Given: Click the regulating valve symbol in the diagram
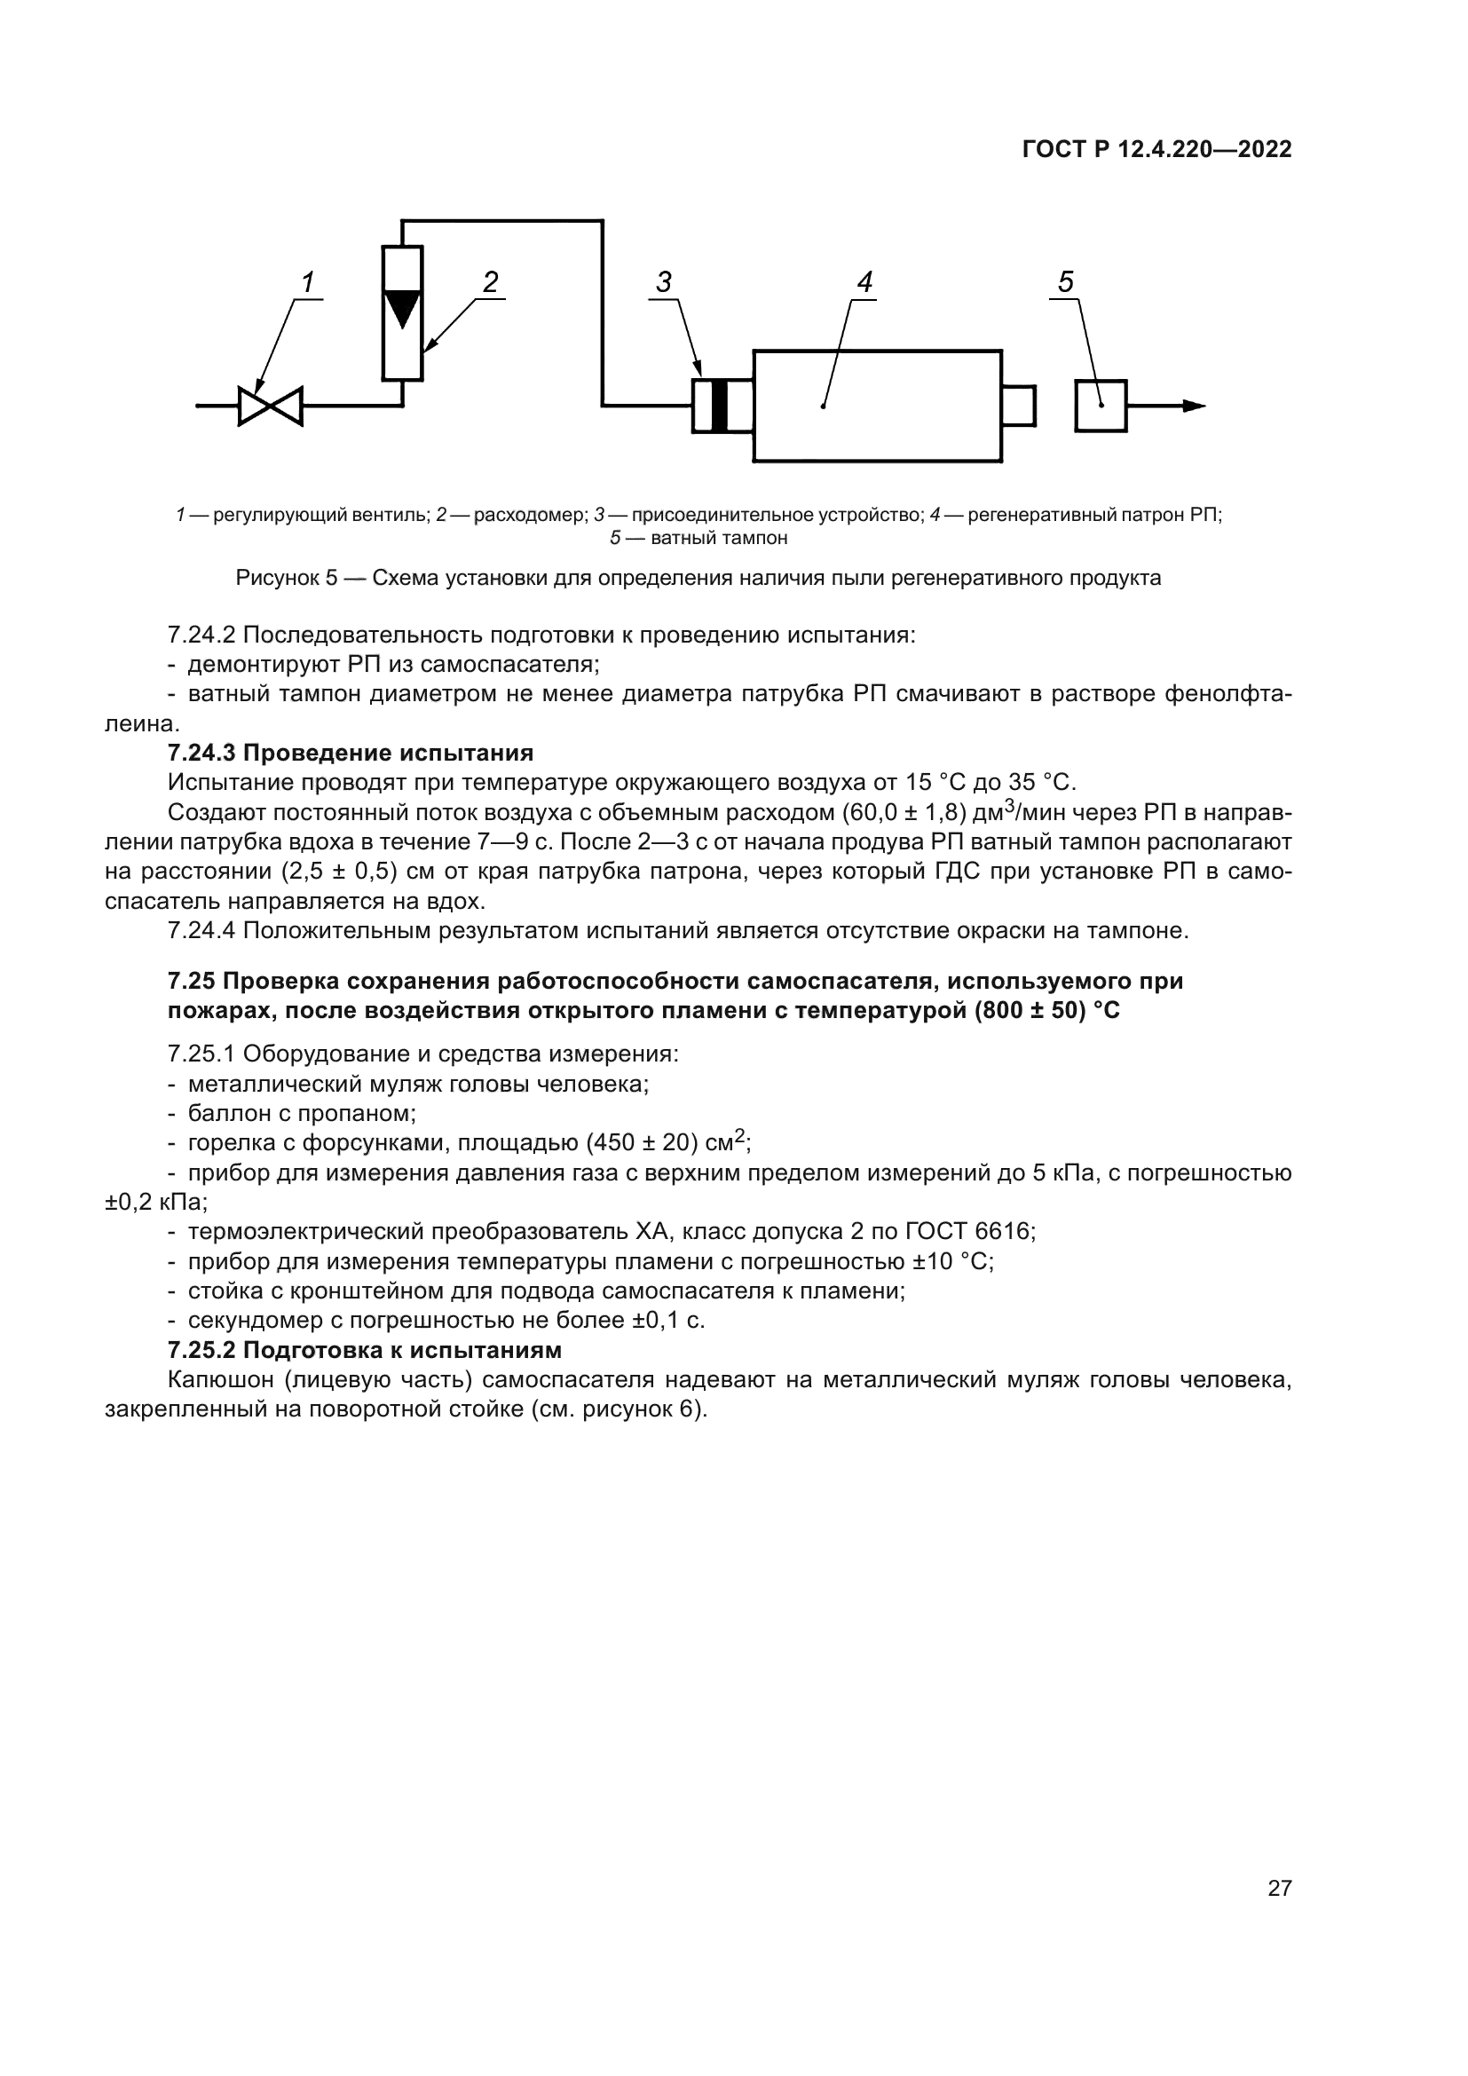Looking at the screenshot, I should pyautogui.click(x=270, y=406).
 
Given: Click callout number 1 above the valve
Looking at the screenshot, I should pyautogui.click(x=307, y=283).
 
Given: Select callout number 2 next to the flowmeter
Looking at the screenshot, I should pyautogui.click(x=490, y=283).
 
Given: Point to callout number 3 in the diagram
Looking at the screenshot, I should pyautogui.click(x=664, y=283).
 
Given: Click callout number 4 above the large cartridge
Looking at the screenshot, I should pyautogui.click(x=864, y=283).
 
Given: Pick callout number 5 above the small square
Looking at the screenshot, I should pyautogui.click(x=1066, y=283).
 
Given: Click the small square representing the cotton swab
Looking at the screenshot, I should pyautogui.click(x=1100, y=406).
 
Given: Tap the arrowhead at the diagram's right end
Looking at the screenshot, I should pyautogui.click(x=1194, y=406).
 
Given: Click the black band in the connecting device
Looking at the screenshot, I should pyautogui.click(x=720, y=406).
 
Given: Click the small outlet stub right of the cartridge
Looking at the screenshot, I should pyautogui.click(x=1018, y=406).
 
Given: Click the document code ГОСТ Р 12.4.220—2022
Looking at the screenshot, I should pyautogui.click(x=1156, y=150).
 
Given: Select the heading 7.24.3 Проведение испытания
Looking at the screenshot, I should pyautogui.click(x=351, y=754).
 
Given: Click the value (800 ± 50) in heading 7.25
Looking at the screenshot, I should pyautogui.click(x=1030, y=1011).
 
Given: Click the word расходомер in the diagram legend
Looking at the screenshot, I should pyautogui.click(x=531, y=516).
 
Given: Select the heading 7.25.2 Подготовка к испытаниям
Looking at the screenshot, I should pyautogui.click(x=364, y=1350).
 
